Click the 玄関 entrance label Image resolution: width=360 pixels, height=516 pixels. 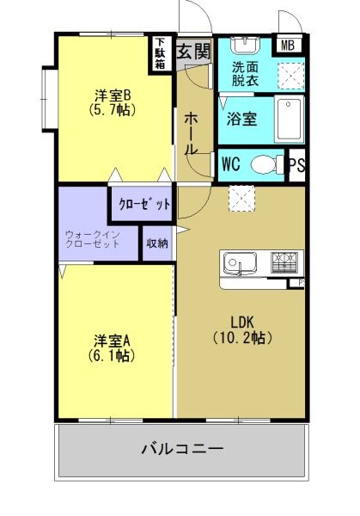[193, 52]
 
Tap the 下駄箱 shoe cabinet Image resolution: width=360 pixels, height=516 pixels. [161, 53]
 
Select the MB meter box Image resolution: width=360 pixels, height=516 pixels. [288, 46]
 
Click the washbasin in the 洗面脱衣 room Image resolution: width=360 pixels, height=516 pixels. [245, 45]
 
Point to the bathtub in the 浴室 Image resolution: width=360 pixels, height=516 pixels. [289, 120]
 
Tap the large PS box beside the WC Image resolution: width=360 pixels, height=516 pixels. [297, 165]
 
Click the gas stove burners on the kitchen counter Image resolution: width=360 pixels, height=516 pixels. [284, 262]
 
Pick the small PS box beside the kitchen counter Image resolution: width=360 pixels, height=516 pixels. [296, 283]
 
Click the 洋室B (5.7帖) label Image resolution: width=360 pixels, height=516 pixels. [113, 102]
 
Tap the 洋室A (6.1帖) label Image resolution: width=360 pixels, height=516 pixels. [112, 348]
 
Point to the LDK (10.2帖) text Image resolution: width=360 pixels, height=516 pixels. [243, 330]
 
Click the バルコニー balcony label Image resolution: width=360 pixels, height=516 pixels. [183, 449]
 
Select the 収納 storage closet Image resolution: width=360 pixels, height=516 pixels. [157, 243]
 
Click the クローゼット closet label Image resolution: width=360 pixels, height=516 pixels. [144, 205]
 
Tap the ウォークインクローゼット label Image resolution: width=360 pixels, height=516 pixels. [93, 239]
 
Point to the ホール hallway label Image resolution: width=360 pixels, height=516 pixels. [191, 133]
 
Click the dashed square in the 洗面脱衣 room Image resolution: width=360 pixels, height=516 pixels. [291, 76]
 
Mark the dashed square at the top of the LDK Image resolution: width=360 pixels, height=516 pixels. [242, 199]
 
